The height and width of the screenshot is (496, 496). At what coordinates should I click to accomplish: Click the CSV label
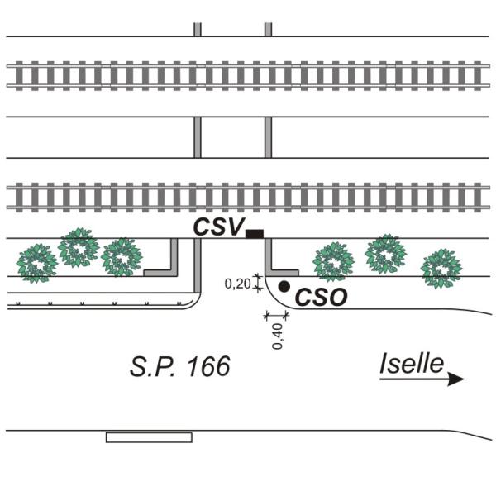[219, 227]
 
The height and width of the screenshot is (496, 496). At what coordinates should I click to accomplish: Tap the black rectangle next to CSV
[255, 234]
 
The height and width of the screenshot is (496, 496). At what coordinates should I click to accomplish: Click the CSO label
[321, 298]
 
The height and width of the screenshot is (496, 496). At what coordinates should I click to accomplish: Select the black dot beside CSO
[284, 286]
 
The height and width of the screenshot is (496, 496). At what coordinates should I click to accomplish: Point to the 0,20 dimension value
[237, 284]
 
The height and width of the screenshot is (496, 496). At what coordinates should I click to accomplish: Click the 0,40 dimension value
[278, 336]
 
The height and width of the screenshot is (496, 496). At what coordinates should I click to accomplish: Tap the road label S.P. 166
[180, 366]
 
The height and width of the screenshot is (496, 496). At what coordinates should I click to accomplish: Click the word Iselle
[412, 364]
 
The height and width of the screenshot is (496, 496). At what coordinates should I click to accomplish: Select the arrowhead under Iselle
[455, 379]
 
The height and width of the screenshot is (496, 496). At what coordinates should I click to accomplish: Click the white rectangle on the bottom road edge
[149, 437]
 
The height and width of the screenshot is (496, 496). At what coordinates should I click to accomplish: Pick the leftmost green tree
[37, 263]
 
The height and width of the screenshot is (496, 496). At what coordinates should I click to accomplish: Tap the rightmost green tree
[441, 269]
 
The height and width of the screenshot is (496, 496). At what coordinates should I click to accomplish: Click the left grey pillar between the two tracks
[198, 137]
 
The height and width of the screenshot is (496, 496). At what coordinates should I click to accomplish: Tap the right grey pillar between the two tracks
[268, 137]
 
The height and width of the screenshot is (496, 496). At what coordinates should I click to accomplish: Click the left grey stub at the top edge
[198, 30]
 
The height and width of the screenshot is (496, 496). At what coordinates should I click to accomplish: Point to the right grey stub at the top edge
[268, 30]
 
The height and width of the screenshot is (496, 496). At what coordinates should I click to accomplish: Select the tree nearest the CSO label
[333, 262]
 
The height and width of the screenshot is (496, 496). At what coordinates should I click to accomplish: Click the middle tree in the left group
[79, 247]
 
